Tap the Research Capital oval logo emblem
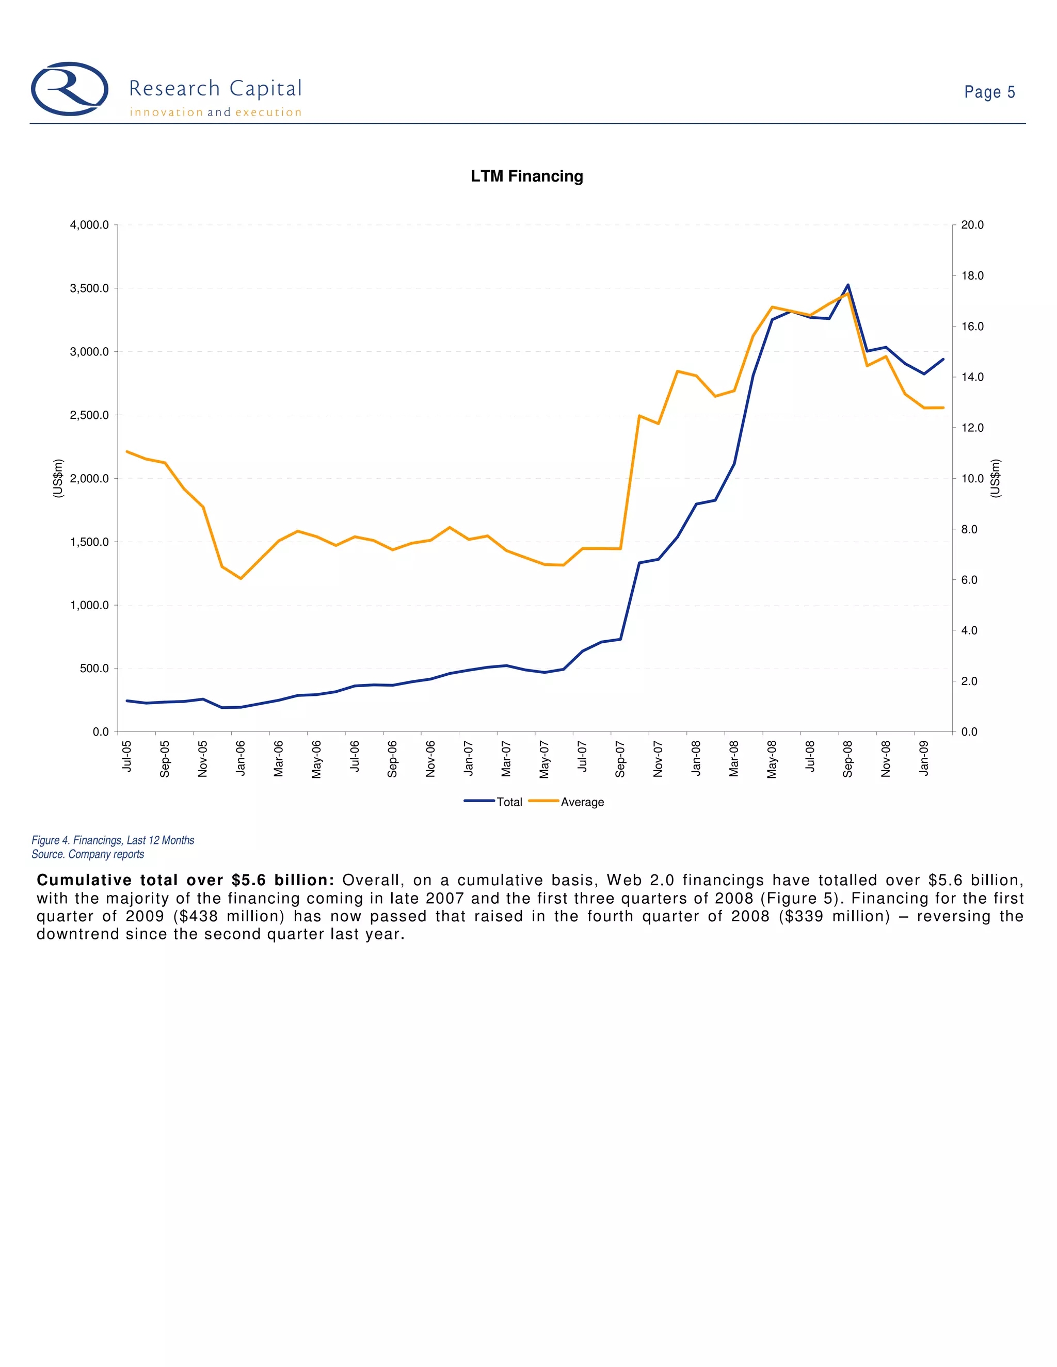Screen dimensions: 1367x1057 tap(70, 89)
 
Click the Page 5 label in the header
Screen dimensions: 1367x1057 tap(989, 93)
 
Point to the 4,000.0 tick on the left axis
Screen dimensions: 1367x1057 tap(89, 225)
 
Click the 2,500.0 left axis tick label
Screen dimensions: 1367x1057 tap(89, 415)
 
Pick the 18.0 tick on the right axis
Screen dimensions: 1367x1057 tap(972, 275)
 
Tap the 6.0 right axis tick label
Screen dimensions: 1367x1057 tap(969, 580)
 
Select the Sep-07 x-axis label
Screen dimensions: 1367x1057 tap(620, 759)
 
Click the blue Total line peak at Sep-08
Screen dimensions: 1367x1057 tap(848, 285)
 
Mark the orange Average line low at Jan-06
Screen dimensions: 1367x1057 tap(241, 578)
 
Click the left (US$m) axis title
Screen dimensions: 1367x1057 tap(58, 478)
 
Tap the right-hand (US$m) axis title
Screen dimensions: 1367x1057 tap(996, 478)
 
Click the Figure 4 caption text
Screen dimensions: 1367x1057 tap(113, 840)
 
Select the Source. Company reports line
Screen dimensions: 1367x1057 tap(88, 854)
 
